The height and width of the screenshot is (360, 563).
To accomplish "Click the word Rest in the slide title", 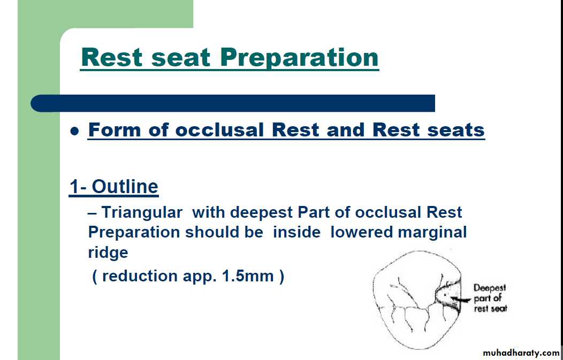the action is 113,57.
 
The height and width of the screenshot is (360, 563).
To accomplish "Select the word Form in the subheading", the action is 114,129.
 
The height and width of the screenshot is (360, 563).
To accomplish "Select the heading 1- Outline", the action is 114,187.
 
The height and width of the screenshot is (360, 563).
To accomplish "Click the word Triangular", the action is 142,213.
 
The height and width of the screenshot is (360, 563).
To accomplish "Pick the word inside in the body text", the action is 296,232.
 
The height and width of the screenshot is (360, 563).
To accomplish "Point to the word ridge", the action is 108,252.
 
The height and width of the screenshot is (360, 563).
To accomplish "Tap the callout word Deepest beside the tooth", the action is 489,288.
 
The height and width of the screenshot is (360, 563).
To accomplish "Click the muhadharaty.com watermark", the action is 521,353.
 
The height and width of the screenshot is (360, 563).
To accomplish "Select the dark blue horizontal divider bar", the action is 233,103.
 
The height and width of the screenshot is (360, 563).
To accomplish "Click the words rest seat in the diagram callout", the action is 490,308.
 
